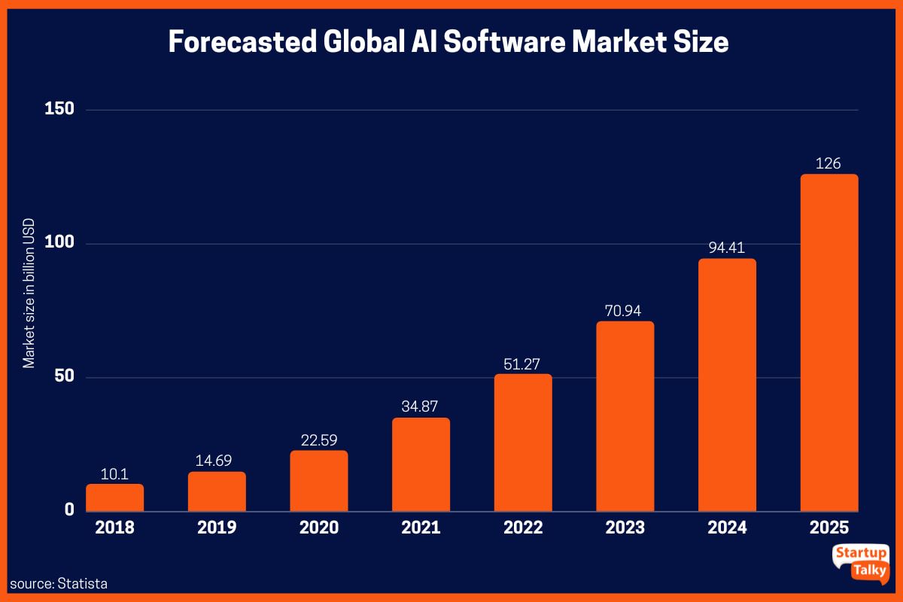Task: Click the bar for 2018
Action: tap(114, 497)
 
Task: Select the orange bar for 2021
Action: tap(421, 464)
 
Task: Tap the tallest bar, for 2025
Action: tap(829, 343)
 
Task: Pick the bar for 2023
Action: tap(625, 416)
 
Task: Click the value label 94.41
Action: tap(727, 247)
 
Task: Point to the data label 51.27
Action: tap(523, 362)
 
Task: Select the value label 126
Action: tap(829, 163)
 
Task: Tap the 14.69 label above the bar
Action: tap(217, 460)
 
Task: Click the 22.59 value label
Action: tap(319, 439)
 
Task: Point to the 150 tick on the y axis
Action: tap(59, 109)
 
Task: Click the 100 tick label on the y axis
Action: tap(59, 243)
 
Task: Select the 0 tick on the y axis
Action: tap(69, 510)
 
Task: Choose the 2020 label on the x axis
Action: tap(319, 528)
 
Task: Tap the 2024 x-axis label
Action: tap(727, 528)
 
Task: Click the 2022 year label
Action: tap(523, 528)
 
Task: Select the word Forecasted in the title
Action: tap(242, 42)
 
